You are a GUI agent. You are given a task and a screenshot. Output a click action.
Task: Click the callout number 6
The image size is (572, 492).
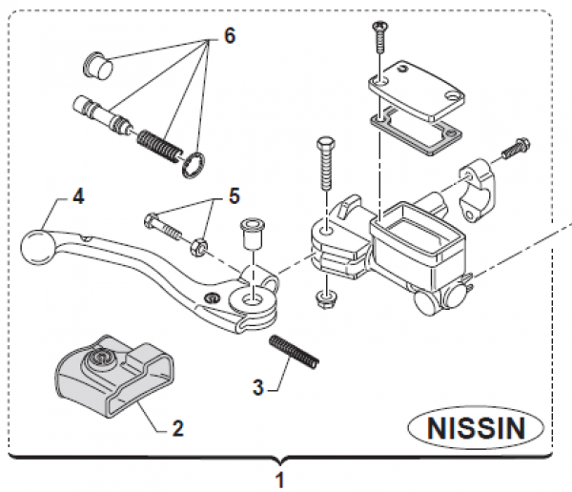tap(229, 35)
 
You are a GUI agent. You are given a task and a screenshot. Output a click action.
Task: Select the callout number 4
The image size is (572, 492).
tap(78, 198)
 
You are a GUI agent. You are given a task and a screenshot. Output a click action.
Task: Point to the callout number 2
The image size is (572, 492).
tap(177, 429)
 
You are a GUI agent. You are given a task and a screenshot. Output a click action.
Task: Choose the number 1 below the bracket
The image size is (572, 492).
tap(279, 477)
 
